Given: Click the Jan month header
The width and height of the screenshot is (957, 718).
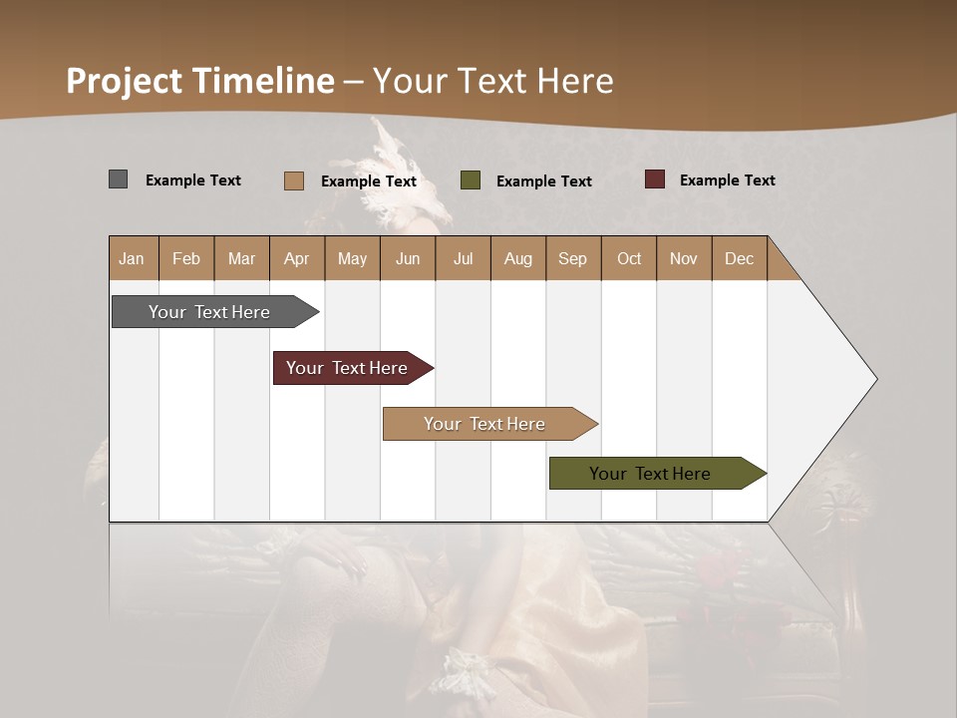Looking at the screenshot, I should (132, 258).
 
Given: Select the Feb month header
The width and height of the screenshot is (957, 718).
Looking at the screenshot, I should (186, 258).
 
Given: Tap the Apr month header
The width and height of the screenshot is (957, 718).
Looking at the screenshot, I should (296, 258).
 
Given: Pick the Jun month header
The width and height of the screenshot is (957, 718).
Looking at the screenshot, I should (408, 258).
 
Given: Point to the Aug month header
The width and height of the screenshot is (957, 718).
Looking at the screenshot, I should (518, 258).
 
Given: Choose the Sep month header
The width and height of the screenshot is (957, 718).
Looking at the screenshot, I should (572, 258).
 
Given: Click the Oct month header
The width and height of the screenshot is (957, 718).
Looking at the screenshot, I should (629, 258).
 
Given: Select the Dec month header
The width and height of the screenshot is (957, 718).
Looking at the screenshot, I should (739, 258).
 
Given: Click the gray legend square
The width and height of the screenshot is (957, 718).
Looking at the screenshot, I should (118, 179).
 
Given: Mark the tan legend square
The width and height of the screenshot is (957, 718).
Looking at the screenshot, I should (293, 180).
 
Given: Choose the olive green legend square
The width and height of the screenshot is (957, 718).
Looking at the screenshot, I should (471, 180).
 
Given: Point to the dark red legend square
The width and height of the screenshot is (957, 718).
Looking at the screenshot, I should (655, 179).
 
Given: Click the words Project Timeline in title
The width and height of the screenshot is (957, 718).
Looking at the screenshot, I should (200, 81).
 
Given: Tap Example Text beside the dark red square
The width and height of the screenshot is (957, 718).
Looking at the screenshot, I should (727, 180).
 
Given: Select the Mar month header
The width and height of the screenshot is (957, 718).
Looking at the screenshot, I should (241, 258).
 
